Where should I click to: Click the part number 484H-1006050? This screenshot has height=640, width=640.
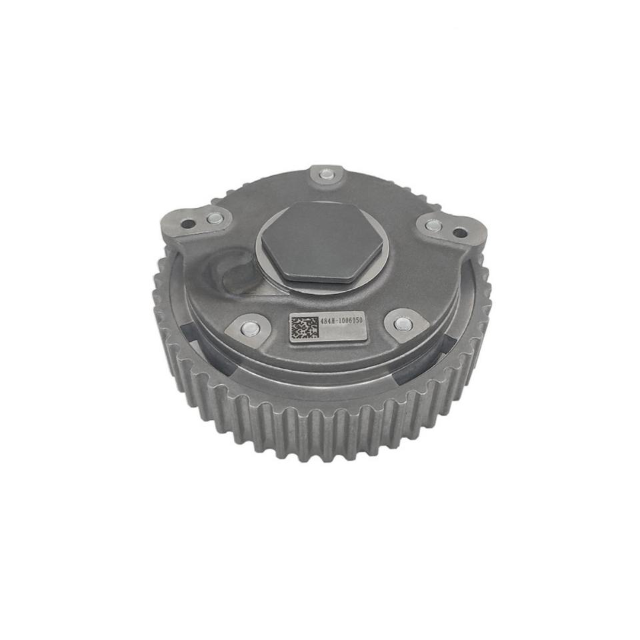tap(341, 321)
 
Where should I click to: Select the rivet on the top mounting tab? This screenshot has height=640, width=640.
tap(325, 175)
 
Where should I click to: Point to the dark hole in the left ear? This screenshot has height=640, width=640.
tap(189, 224)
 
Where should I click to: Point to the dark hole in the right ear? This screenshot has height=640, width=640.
tap(459, 233)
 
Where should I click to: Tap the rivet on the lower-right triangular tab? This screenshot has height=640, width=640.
tap(401, 324)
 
